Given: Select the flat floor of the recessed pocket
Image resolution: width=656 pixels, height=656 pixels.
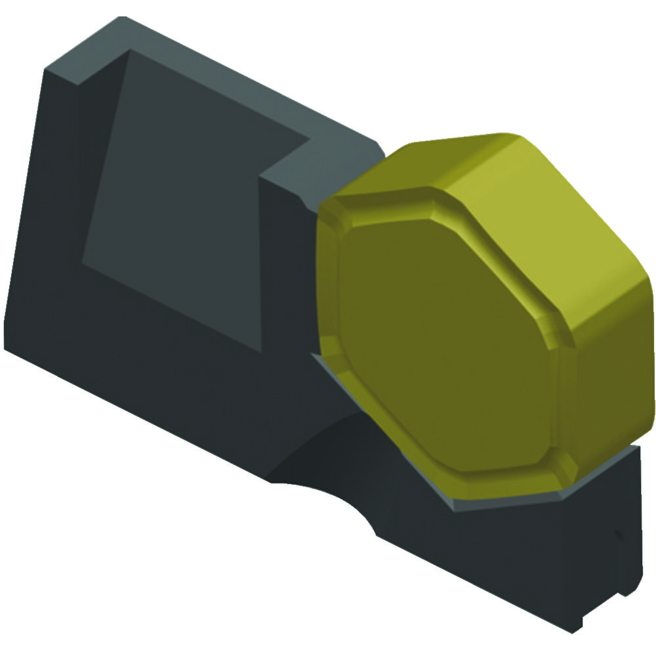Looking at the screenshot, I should (190, 216).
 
